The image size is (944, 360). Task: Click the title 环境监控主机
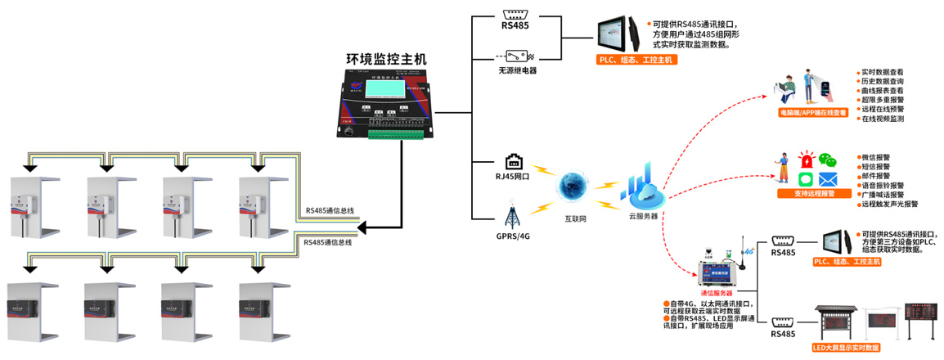(386, 59)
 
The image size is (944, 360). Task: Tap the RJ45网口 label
(514, 176)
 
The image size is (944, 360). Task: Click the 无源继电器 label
(517, 70)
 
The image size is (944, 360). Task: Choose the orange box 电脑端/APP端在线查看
(812, 112)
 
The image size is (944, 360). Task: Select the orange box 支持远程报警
(814, 194)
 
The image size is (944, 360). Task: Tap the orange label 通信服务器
(716, 292)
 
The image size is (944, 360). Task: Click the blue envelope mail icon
(829, 179)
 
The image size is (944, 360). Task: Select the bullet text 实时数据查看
(883, 72)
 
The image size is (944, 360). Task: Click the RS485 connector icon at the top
(516, 13)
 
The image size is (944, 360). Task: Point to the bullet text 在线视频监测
(883, 119)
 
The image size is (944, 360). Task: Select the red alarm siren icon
(807, 160)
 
